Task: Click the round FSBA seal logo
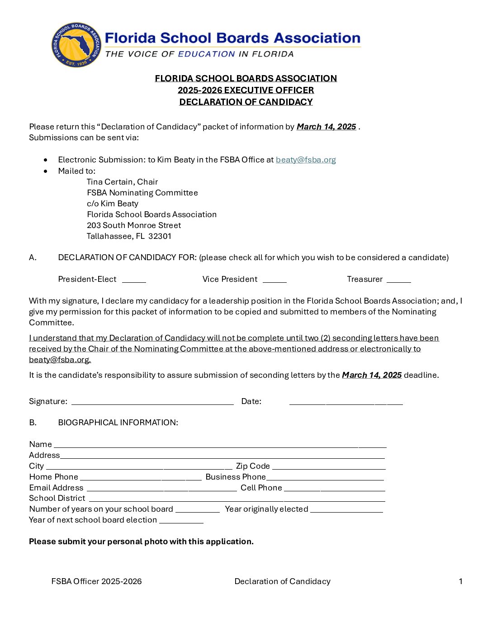[x=77, y=45]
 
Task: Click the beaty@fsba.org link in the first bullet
[x=306, y=160]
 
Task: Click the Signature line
[x=152, y=403]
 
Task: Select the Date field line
[x=346, y=403]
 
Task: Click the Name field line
[x=220, y=446]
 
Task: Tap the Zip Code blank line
[x=329, y=467]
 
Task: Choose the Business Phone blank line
[x=325, y=478]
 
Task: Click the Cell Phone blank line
[x=335, y=489]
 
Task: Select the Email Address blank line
[x=161, y=489]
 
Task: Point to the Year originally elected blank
[x=346, y=511]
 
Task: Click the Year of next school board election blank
[x=181, y=522]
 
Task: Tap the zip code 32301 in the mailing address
[x=160, y=236]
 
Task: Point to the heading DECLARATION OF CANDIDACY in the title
[x=246, y=102]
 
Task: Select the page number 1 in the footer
[x=461, y=581]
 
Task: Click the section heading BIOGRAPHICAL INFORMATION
[x=118, y=423]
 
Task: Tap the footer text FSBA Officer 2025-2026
[x=96, y=581]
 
